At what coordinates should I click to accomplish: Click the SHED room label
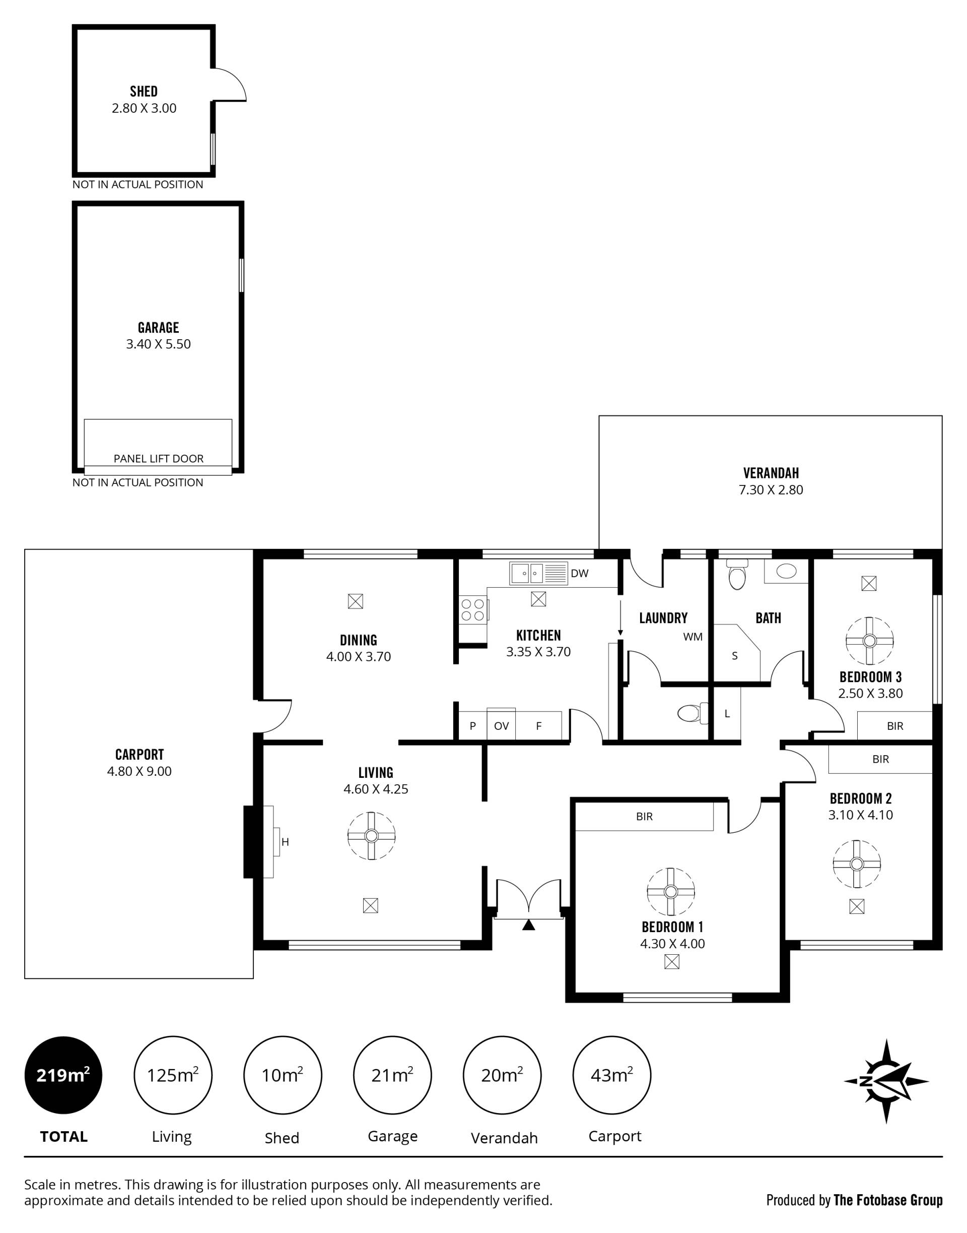[144, 91]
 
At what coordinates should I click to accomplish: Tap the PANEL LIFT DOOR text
[159, 458]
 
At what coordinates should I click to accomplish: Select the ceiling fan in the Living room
[371, 836]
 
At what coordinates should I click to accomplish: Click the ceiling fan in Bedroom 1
[671, 892]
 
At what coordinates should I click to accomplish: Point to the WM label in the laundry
[693, 636]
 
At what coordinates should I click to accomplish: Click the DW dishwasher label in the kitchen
[579, 574]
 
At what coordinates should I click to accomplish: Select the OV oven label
[501, 726]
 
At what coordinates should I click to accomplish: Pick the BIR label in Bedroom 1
[644, 817]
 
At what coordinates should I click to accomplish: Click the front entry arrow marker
[528, 924]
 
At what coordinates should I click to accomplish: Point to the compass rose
[886, 1081]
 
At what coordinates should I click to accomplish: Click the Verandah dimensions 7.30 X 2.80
[771, 490]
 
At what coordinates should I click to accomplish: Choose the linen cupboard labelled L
[727, 714]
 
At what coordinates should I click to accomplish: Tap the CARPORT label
[140, 755]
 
